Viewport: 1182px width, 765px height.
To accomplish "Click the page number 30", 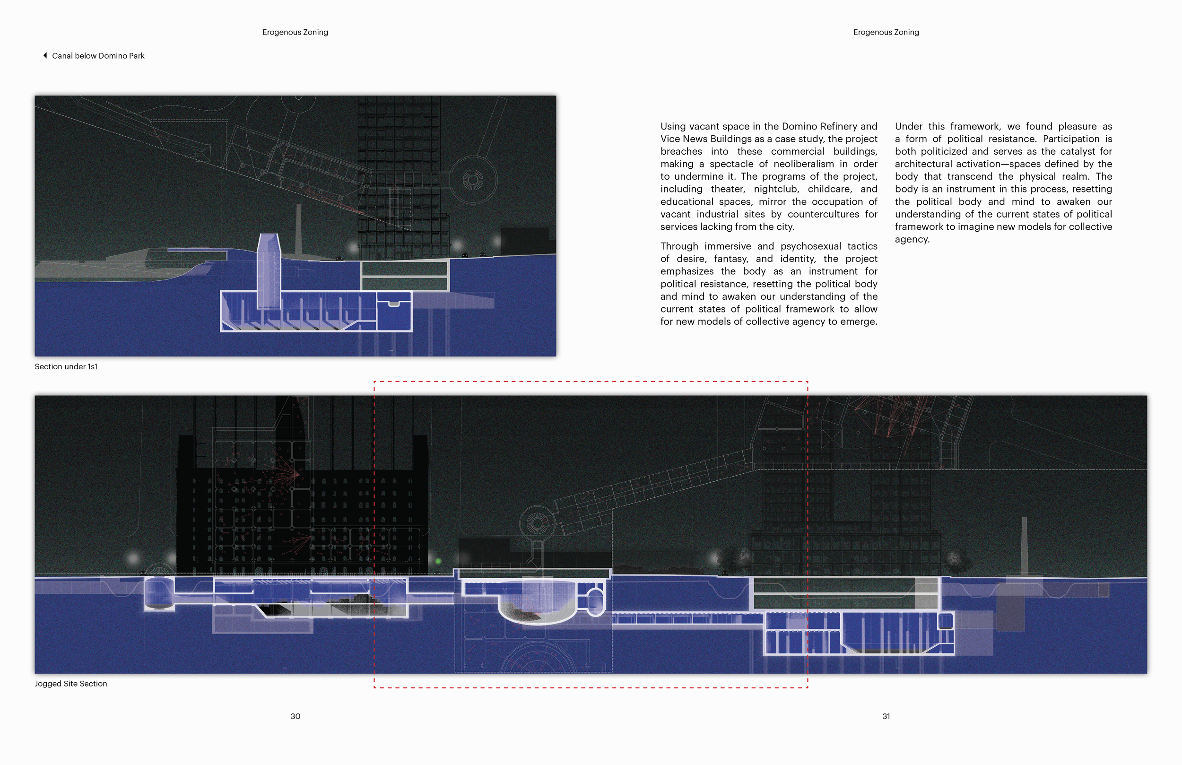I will click(x=295, y=716).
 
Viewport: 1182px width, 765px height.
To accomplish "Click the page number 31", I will click(x=886, y=716).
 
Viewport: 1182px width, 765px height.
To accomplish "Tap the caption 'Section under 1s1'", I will click(x=66, y=366).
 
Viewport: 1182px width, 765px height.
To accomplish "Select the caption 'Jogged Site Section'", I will click(x=71, y=684).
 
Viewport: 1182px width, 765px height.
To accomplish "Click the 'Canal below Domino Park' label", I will click(x=98, y=56).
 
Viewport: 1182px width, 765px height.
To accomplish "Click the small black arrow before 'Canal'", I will click(x=45, y=55).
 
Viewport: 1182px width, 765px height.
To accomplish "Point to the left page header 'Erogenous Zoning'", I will click(x=295, y=32).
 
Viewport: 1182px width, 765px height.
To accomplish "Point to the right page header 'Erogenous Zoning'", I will click(x=886, y=32).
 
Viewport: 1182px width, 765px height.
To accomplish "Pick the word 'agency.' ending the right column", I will click(x=912, y=239).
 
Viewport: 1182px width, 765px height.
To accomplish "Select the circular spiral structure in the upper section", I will click(x=472, y=179).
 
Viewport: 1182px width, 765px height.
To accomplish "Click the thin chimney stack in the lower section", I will click(x=1024, y=547).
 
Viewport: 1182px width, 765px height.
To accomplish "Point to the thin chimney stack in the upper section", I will click(x=298, y=228).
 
